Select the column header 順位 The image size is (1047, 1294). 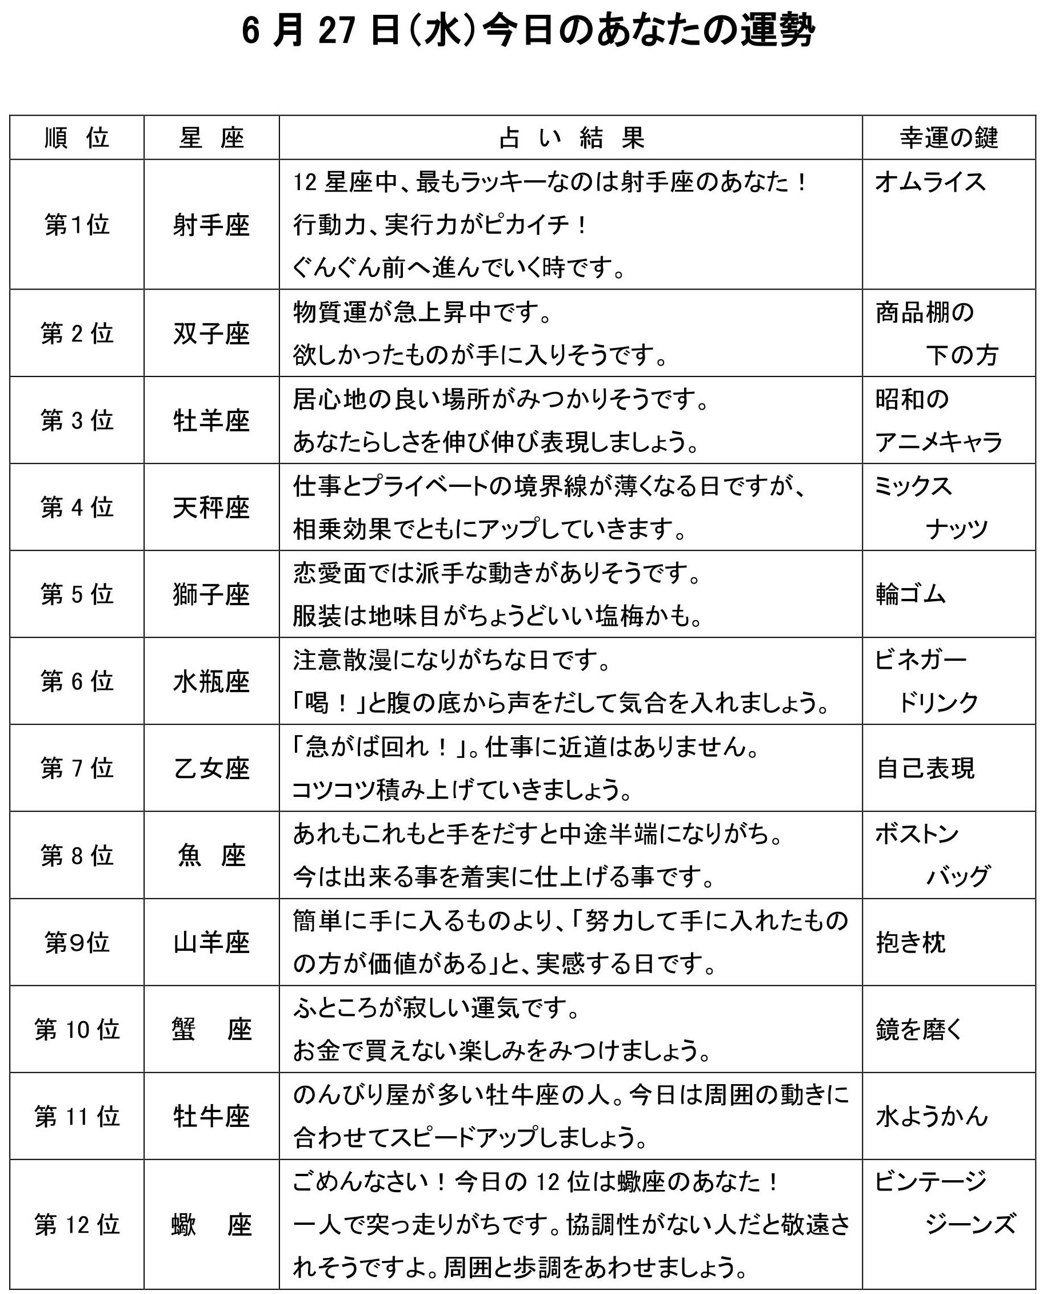pyautogui.click(x=77, y=138)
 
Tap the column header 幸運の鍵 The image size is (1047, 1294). pyautogui.click(x=949, y=138)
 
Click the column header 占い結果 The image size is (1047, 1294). pyautogui.click(x=571, y=138)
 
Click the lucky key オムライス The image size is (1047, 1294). pyautogui.click(x=930, y=182)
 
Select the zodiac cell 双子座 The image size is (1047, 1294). pyautogui.click(x=211, y=334)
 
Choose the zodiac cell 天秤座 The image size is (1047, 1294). pyautogui.click(x=211, y=507)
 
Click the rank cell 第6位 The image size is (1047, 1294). pyautogui.click(x=77, y=681)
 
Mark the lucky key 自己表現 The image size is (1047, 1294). pyautogui.click(x=925, y=768)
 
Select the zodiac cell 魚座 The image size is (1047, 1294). pyautogui.click(x=211, y=856)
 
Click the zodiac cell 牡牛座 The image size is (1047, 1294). pyautogui.click(x=211, y=1117)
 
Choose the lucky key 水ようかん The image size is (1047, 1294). pyautogui.click(x=931, y=1117)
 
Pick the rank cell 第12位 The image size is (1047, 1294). pyautogui.click(x=77, y=1225)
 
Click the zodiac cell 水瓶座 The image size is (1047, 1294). pyautogui.click(x=211, y=682)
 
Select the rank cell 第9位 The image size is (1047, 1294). pyautogui.click(x=77, y=943)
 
